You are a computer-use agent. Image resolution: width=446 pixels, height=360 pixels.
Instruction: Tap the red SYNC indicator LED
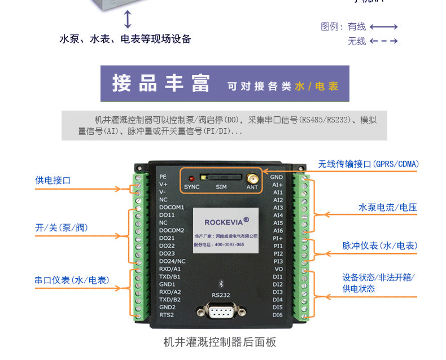click(192, 178)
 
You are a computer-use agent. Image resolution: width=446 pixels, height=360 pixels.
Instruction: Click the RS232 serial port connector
click(221, 311)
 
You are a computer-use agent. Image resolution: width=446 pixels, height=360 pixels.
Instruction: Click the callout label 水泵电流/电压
click(387, 208)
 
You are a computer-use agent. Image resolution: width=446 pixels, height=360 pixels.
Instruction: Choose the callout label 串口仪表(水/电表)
click(72, 280)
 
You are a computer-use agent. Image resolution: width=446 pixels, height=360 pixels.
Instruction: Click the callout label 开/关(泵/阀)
click(62, 228)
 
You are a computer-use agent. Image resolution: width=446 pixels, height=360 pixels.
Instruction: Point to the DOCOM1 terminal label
click(172, 207)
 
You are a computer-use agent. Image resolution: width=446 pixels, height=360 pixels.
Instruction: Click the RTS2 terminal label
click(167, 315)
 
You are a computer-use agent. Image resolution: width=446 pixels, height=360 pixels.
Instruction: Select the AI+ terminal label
click(277, 185)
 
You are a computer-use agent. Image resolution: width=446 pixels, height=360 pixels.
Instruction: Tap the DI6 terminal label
click(277, 315)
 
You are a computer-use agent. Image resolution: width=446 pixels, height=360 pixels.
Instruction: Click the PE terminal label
click(163, 177)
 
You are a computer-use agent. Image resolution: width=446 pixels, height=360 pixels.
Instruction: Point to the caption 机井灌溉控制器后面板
click(220, 342)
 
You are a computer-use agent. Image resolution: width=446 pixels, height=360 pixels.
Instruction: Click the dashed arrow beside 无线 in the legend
click(384, 41)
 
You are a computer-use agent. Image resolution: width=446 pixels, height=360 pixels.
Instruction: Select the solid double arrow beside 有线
click(384, 27)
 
